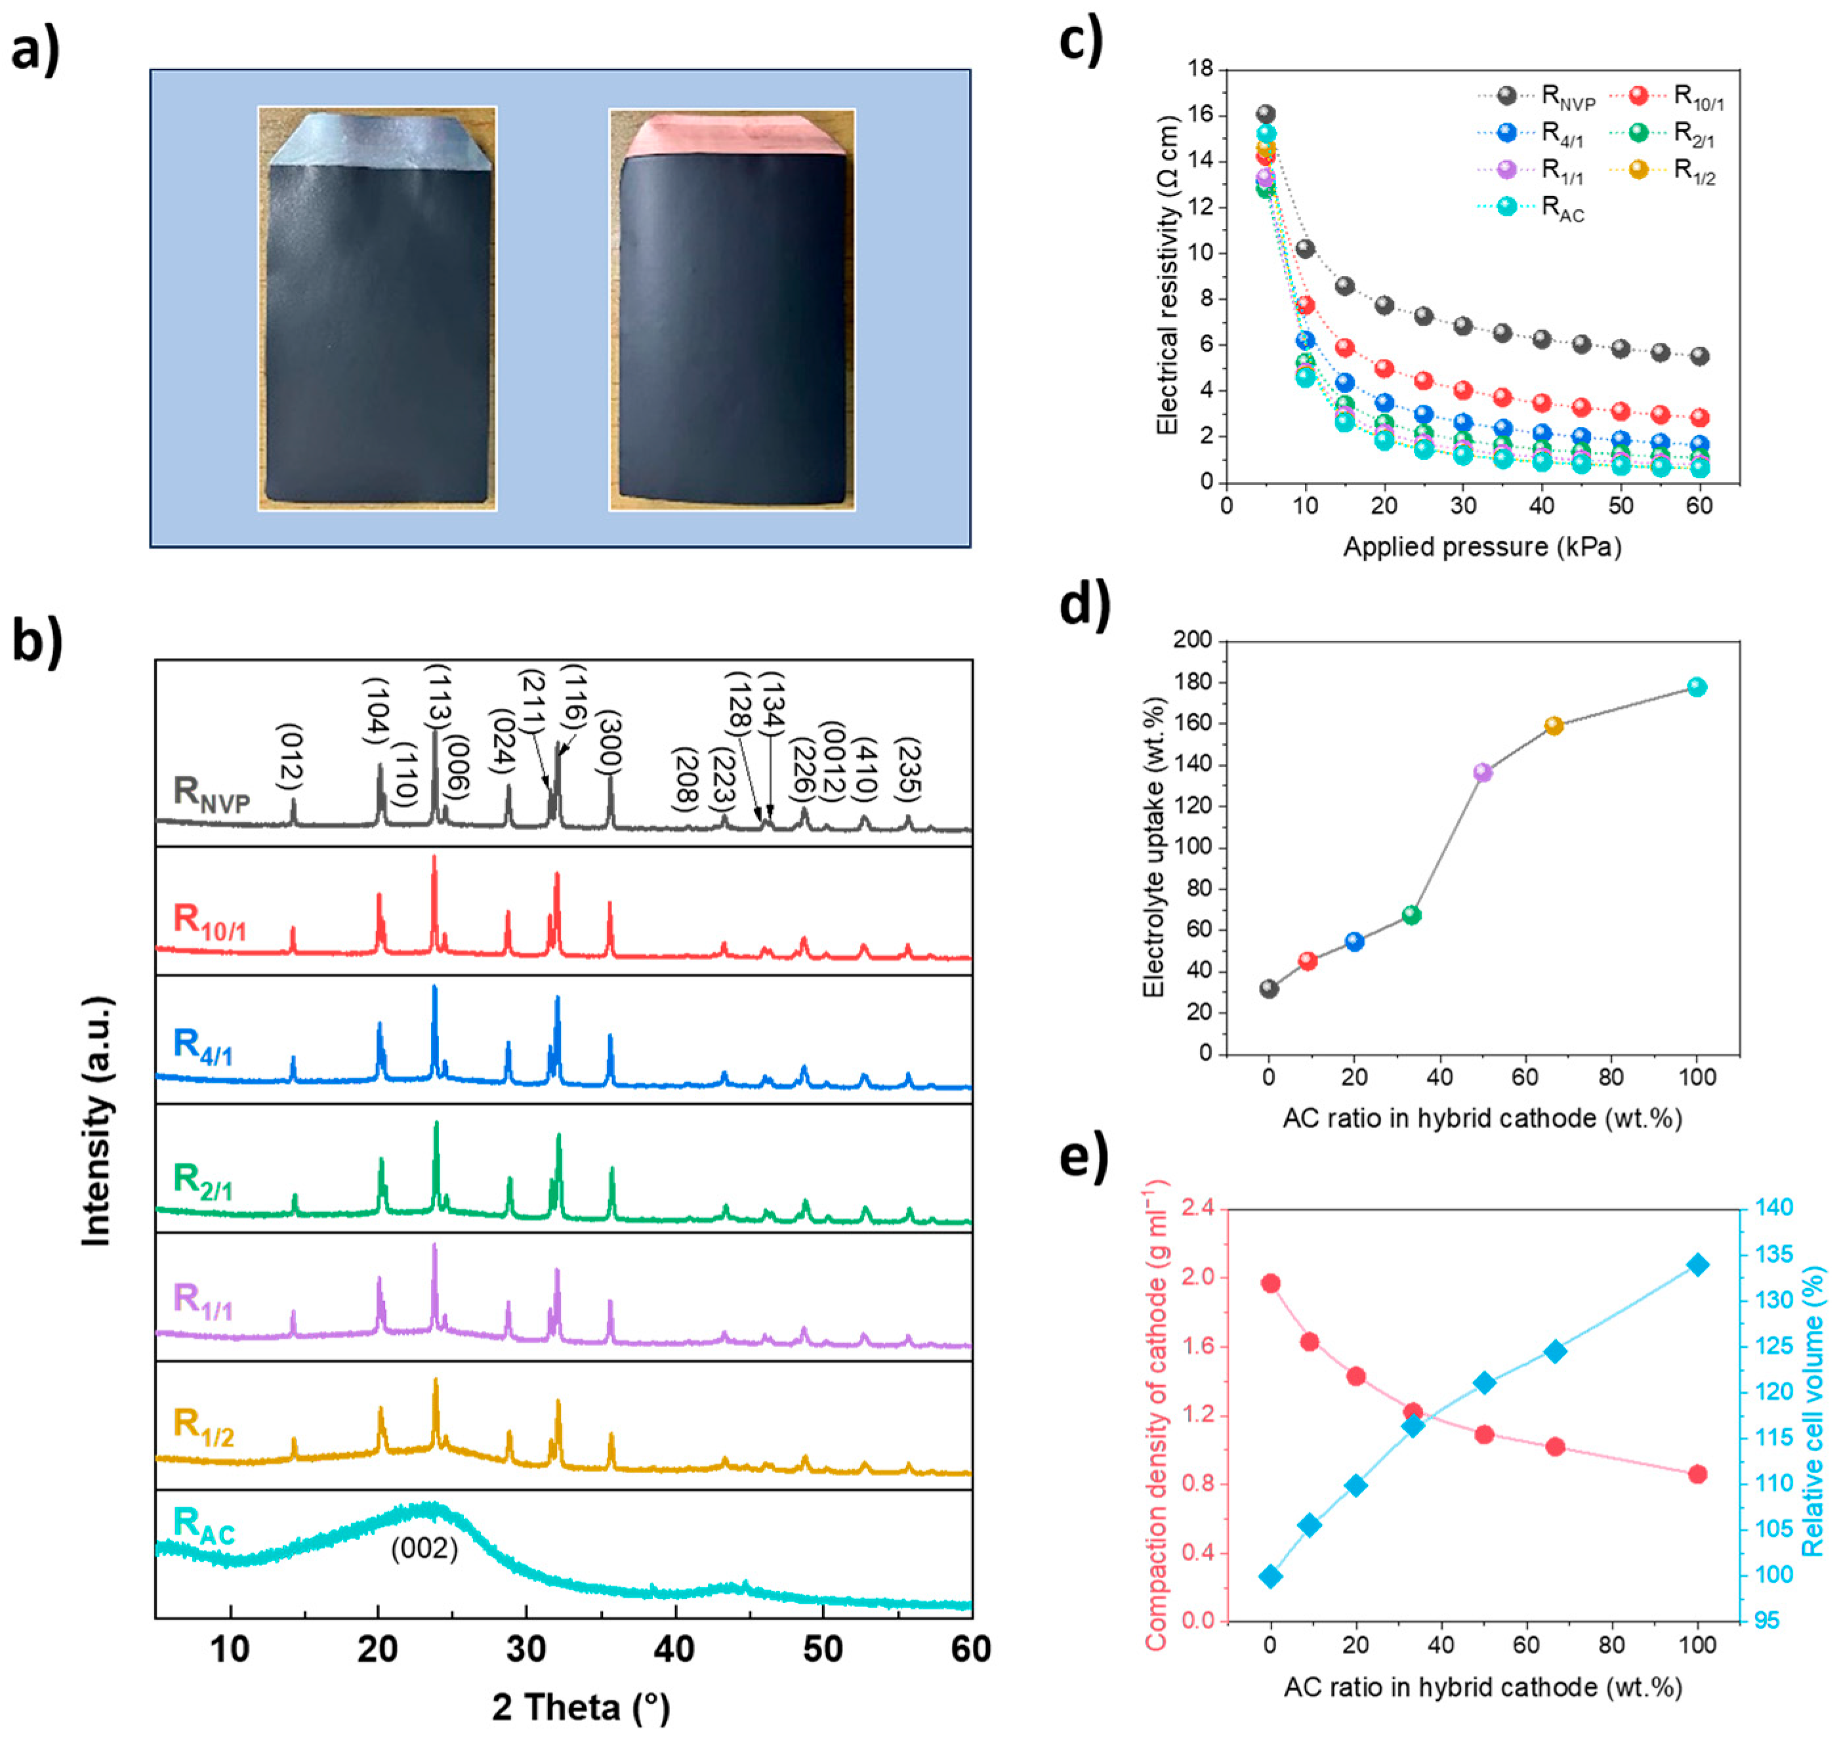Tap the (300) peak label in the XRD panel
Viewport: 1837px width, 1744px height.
(609, 741)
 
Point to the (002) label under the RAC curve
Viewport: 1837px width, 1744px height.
(424, 1548)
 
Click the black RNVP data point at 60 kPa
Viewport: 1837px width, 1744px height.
(1699, 356)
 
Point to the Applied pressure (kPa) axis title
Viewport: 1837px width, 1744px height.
(1482, 546)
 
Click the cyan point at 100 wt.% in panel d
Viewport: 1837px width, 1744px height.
(1697, 687)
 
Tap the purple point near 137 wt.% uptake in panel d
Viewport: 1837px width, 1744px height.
(1483, 771)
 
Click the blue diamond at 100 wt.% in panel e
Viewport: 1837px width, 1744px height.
(1697, 1265)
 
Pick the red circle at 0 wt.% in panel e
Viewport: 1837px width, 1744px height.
(1271, 1284)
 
